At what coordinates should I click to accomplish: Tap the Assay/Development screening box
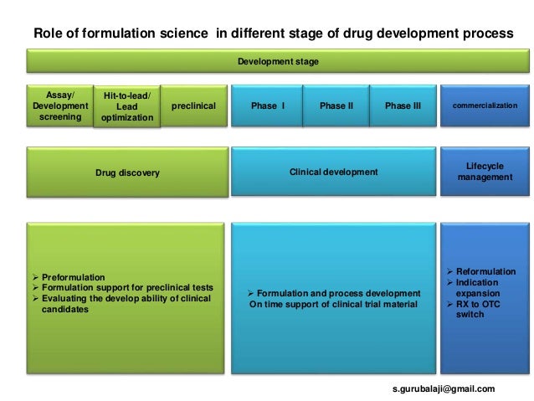pyautogui.click(x=60, y=106)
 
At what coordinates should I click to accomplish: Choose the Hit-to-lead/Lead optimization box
pyautogui.click(x=126, y=108)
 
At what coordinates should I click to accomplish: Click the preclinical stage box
pyautogui.click(x=193, y=106)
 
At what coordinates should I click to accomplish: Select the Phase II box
pyautogui.click(x=336, y=106)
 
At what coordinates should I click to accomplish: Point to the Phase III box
pyautogui.click(x=403, y=106)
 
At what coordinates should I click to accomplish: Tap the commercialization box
pyautogui.click(x=484, y=106)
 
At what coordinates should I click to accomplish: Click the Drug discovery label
pyautogui.click(x=127, y=172)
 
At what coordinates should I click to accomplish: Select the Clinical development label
pyautogui.click(x=333, y=172)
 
